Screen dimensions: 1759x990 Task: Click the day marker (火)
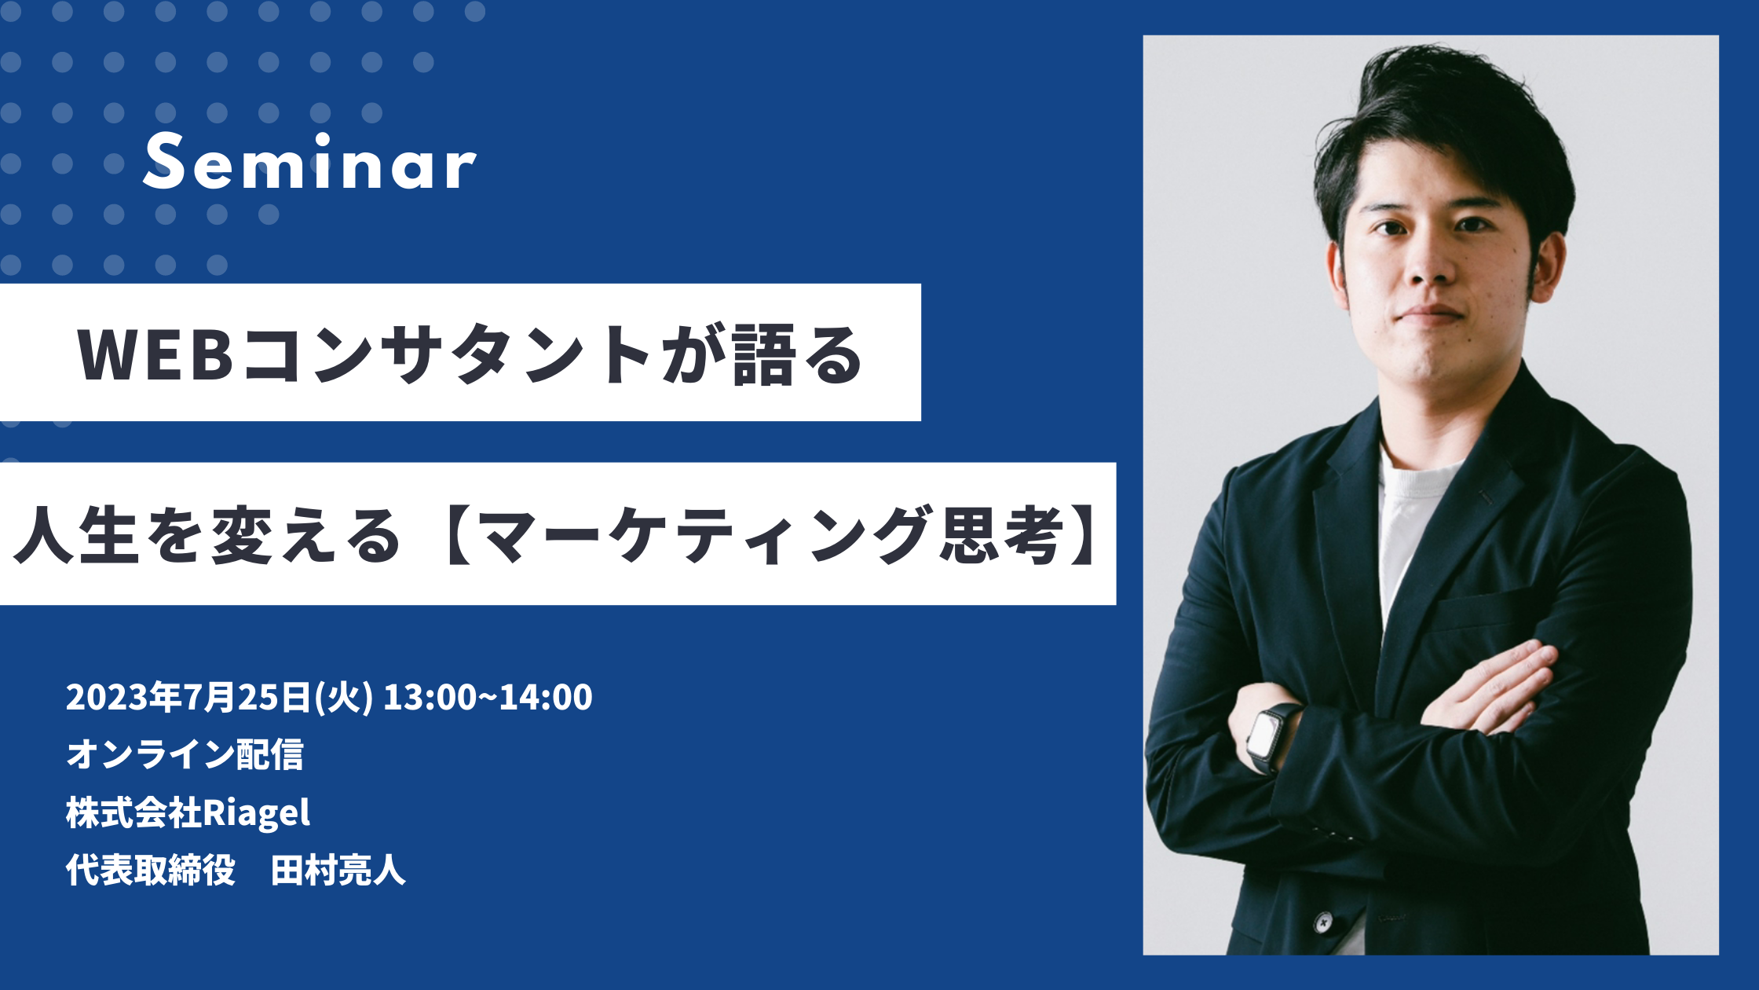click(x=342, y=698)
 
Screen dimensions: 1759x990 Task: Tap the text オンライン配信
click(x=185, y=754)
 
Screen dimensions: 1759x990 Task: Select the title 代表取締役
click(x=151, y=871)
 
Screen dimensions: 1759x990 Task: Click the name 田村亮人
click(x=338, y=871)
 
